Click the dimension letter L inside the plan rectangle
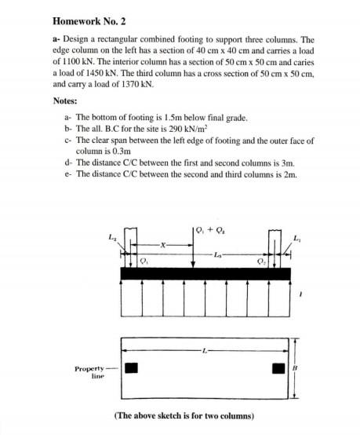point(205,349)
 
